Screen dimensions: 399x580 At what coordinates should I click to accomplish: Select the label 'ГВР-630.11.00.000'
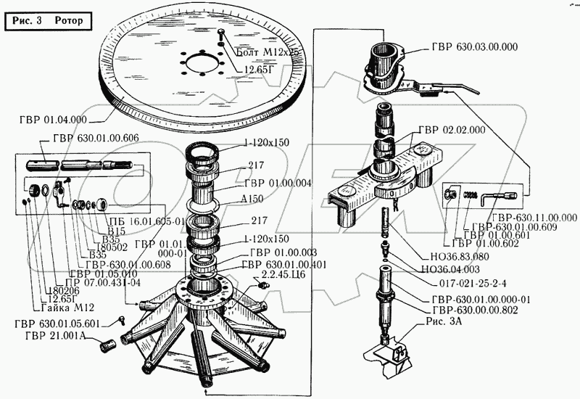533,218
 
